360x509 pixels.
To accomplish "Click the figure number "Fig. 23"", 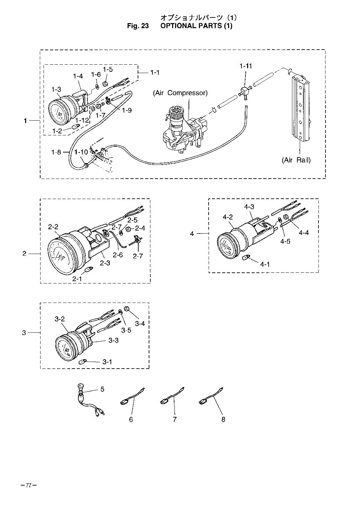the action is [x=138, y=26].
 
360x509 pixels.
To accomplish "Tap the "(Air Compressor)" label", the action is [x=180, y=93].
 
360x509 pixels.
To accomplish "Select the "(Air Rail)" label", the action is [x=296, y=160].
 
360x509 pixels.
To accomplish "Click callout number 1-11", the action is [x=246, y=66].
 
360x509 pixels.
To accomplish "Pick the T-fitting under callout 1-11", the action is [x=244, y=93].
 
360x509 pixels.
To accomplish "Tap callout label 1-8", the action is [x=56, y=152].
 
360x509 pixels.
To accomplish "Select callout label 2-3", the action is [x=105, y=263].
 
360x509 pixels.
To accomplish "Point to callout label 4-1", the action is [x=265, y=264].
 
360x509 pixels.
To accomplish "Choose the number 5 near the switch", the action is [x=102, y=389].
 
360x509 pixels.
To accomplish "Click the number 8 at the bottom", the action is [x=223, y=420].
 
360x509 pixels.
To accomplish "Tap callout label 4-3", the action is [x=249, y=207].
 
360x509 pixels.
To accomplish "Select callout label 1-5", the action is [x=108, y=69].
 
